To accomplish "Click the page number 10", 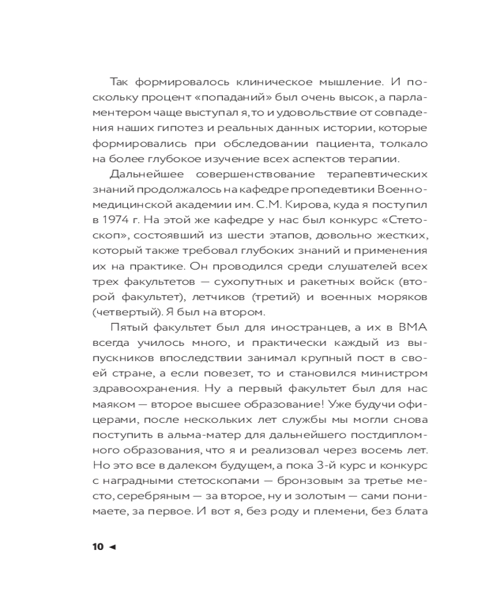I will (98, 547).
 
